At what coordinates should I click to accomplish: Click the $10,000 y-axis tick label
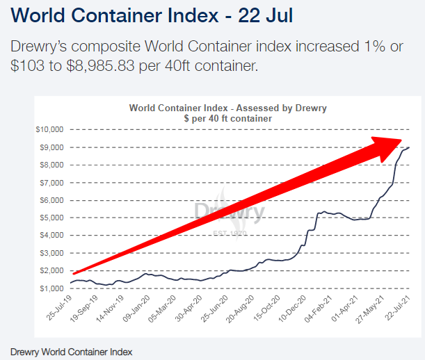click(49, 129)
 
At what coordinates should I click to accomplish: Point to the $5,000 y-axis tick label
click(50, 218)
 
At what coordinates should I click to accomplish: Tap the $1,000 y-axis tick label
click(50, 288)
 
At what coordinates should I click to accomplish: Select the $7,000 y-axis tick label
click(50, 182)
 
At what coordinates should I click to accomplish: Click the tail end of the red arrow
click(75, 273)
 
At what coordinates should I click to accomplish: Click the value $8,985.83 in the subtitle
click(136, 67)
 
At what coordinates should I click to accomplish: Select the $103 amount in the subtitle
click(25, 67)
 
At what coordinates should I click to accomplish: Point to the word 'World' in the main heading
click(41, 15)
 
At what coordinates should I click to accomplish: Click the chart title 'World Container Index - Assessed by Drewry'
click(228, 108)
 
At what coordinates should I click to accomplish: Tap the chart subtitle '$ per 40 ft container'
click(228, 119)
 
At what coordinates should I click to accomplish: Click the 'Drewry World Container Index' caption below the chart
click(71, 351)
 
